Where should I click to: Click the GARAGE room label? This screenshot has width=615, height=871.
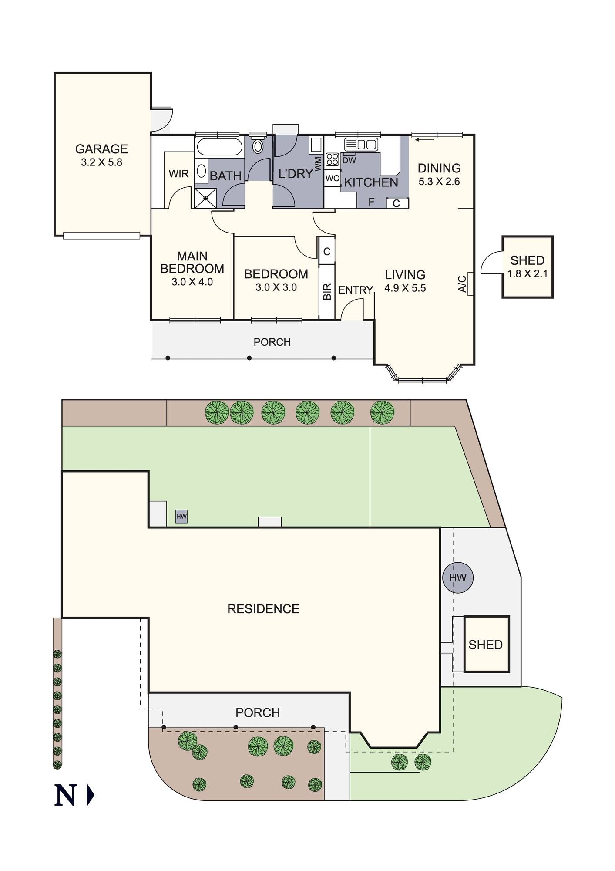click(x=101, y=149)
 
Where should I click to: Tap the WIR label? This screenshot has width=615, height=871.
click(x=178, y=174)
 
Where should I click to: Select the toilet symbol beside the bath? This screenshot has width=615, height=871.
click(x=258, y=146)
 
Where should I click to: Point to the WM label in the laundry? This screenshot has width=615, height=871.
click(x=318, y=164)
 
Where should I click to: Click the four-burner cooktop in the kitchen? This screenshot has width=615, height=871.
click(x=332, y=159)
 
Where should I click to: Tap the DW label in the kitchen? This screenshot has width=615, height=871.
click(x=349, y=160)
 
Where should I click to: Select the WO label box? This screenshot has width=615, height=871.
click(x=333, y=178)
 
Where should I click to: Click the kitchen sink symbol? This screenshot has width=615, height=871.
click(x=361, y=144)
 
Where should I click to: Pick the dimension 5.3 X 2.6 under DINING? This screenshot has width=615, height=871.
click(x=439, y=182)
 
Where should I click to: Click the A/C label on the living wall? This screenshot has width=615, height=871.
click(x=463, y=284)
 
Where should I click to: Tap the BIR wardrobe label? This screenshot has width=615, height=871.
click(x=327, y=291)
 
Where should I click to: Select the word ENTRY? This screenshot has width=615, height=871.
click(x=356, y=290)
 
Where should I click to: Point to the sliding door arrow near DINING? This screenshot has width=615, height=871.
click(x=424, y=140)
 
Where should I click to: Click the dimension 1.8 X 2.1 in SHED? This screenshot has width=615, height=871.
click(x=527, y=274)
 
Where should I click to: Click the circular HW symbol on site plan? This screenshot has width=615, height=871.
click(x=457, y=578)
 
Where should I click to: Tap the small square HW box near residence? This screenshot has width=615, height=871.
click(x=181, y=517)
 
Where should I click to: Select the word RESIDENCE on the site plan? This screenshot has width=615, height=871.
click(x=263, y=609)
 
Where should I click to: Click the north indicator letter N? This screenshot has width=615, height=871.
click(x=65, y=795)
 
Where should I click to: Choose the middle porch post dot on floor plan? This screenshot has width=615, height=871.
click(x=249, y=358)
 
